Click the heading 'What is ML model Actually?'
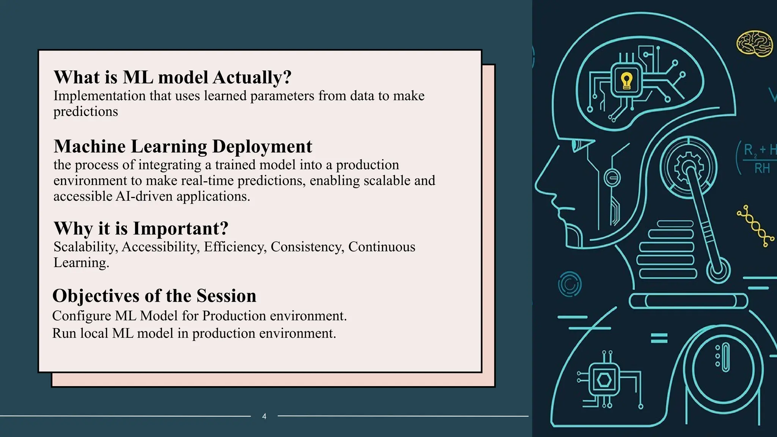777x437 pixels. click(173, 77)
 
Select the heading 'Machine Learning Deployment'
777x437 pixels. click(183, 146)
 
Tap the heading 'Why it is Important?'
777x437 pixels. click(141, 228)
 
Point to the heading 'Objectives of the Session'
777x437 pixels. click(154, 296)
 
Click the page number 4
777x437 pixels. click(264, 416)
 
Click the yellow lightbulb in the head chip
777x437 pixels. click(626, 81)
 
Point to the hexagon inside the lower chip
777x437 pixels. click(604, 380)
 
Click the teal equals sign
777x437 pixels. click(659, 338)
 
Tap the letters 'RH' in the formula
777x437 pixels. click(762, 168)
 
